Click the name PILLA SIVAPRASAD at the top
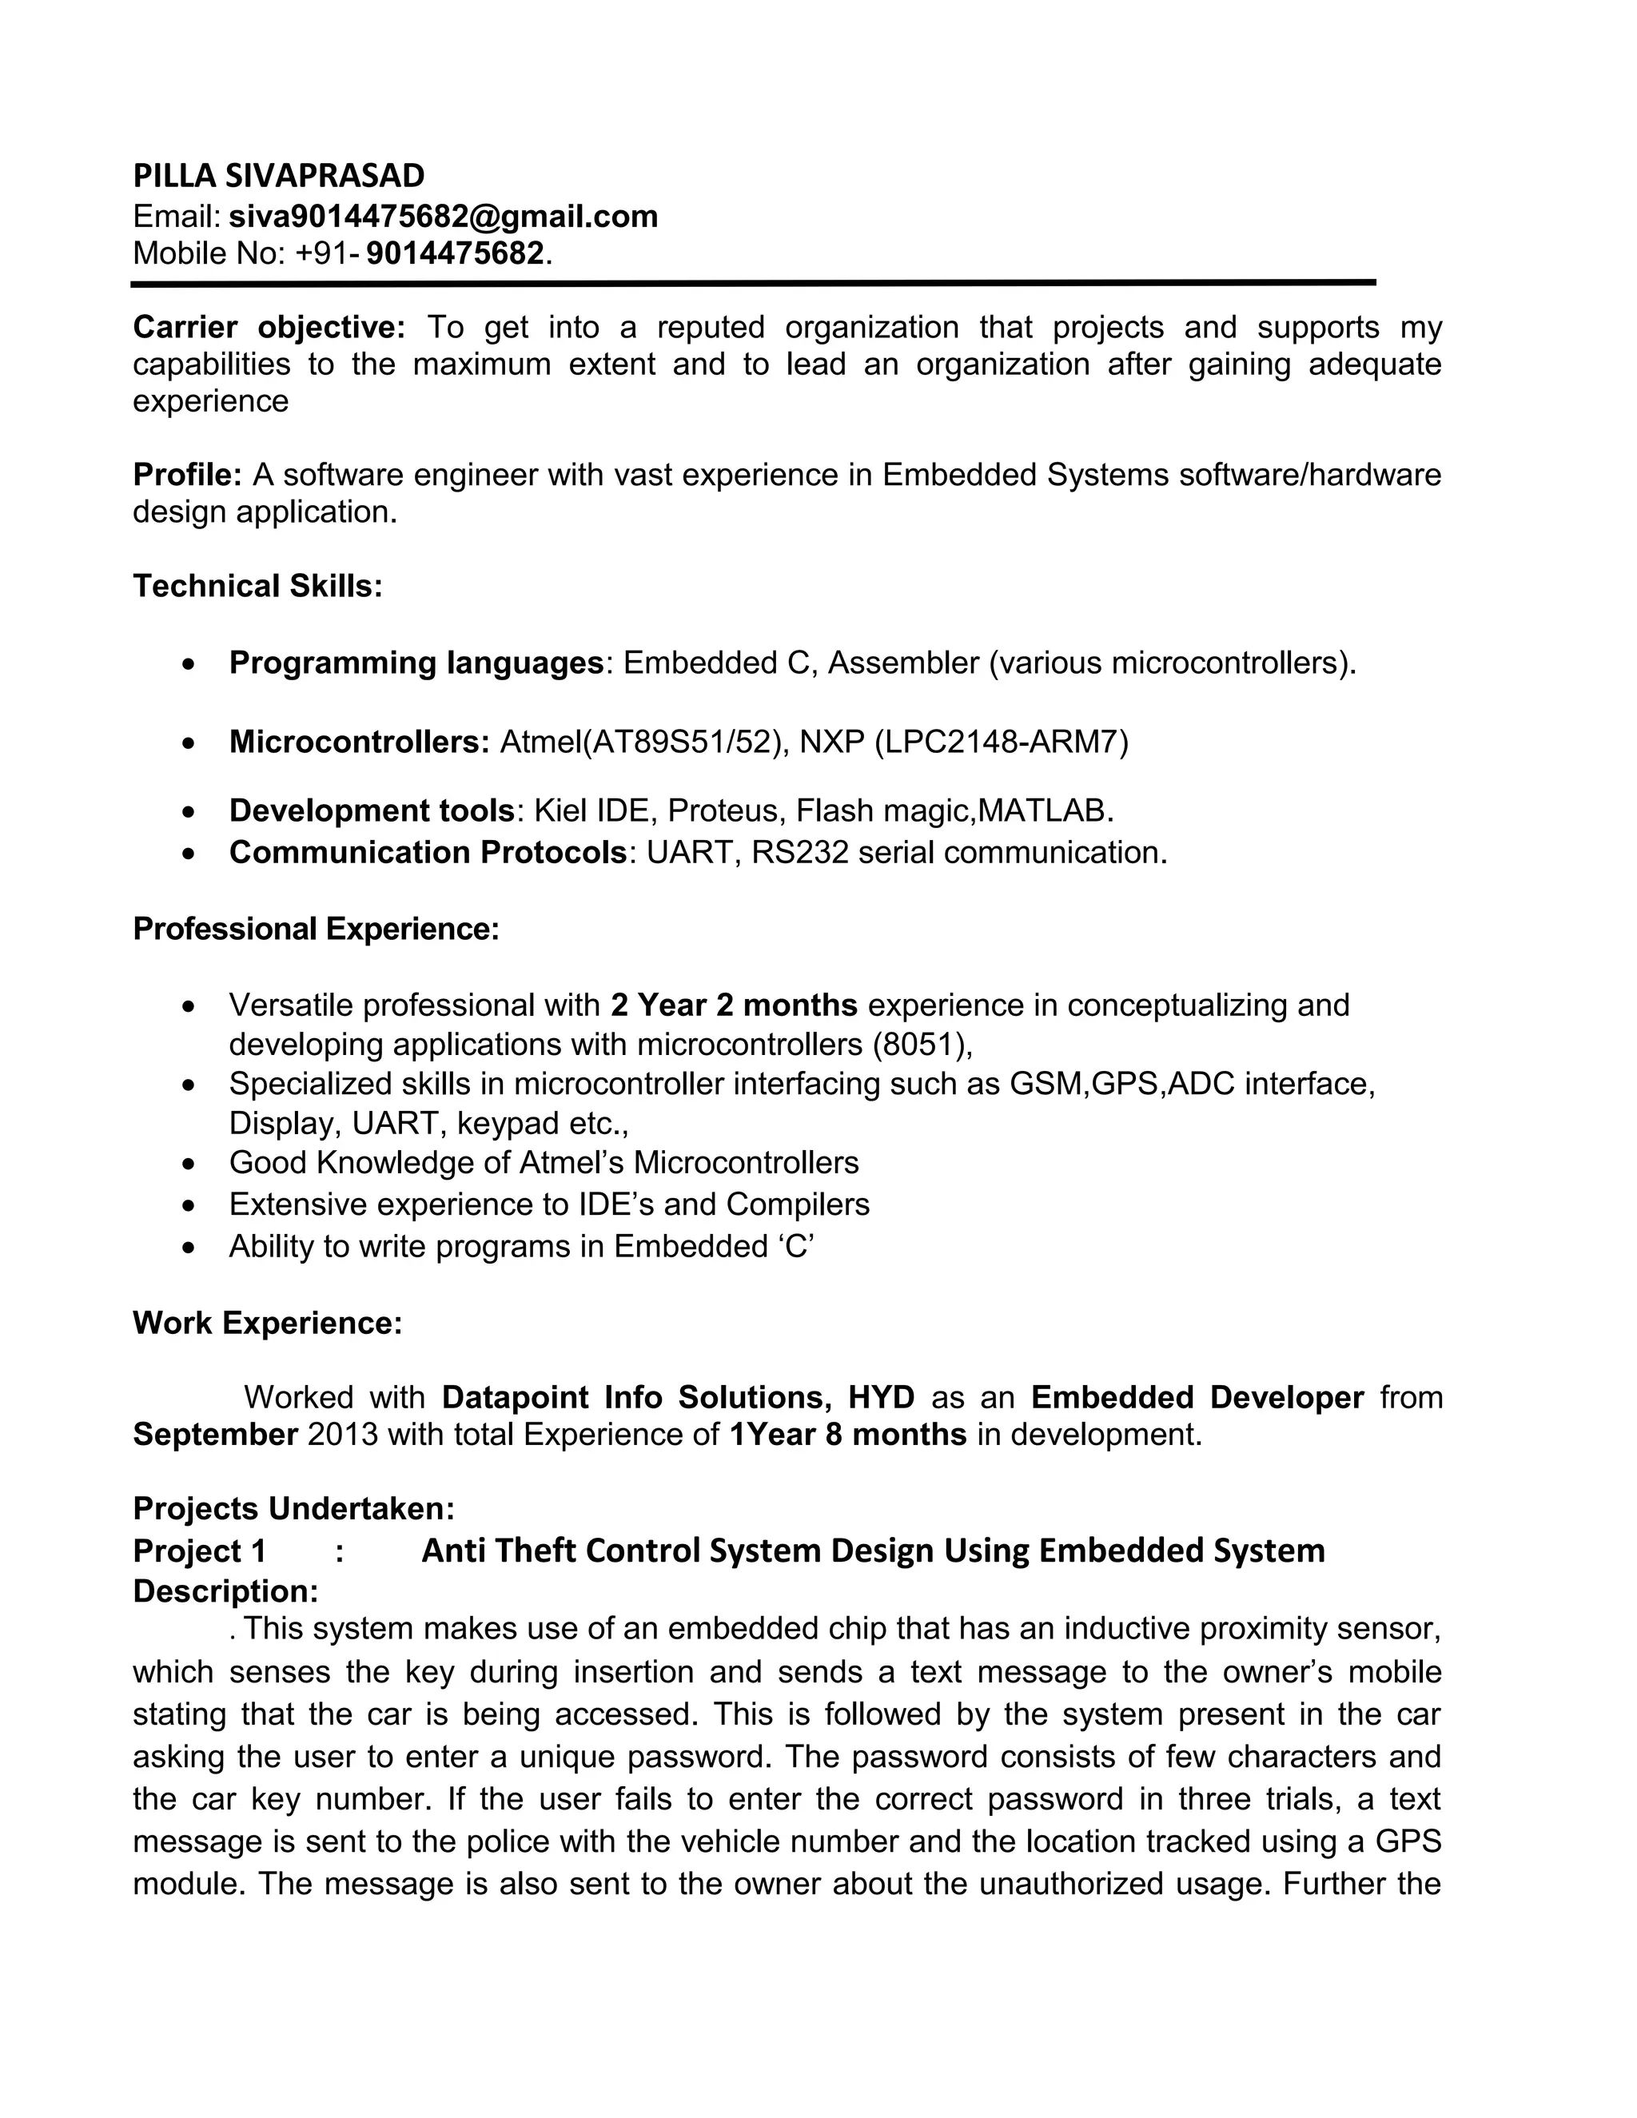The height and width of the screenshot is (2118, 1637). coord(278,176)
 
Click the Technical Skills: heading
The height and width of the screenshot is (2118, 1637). coord(257,586)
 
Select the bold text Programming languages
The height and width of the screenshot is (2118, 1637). coord(416,663)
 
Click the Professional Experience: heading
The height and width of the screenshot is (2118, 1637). coord(315,928)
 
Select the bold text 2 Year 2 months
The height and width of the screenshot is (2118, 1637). coord(734,1005)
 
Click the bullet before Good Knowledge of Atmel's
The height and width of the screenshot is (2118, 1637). coord(189,1164)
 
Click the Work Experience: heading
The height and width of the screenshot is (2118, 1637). coord(267,1323)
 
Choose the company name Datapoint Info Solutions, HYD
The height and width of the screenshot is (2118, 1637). coord(678,1396)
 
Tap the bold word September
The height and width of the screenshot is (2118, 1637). coord(215,1435)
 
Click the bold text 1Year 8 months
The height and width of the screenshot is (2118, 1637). coord(846,1435)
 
